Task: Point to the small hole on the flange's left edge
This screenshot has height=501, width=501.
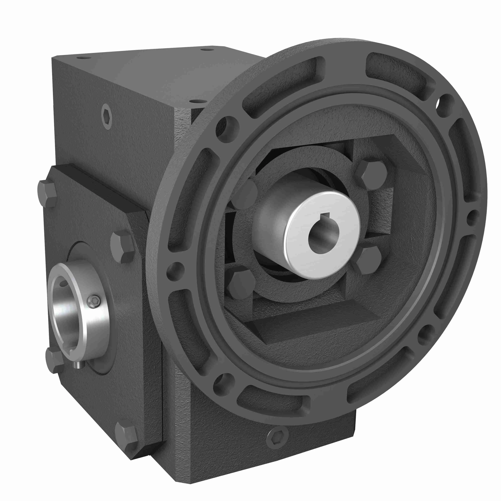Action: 176,271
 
